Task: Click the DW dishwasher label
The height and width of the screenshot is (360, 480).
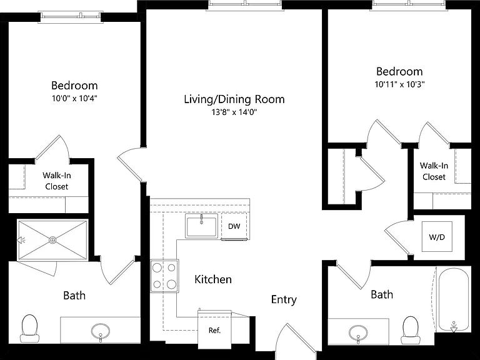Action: click(234, 226)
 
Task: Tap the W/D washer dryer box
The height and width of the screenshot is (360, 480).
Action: click(437, 236)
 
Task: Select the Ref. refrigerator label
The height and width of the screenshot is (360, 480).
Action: click(214, 330)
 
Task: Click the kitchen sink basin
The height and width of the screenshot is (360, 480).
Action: click(201, 226)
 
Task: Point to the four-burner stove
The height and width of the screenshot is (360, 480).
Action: click(164, 276)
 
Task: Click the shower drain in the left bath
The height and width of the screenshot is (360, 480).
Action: click(52, 240)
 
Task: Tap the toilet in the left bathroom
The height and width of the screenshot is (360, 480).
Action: click(30, 329)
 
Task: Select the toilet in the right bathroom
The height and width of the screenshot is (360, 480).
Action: click(410, 330)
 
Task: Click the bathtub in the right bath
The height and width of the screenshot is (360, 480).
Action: click(454, 299)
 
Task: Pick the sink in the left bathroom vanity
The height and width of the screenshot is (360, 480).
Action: click(101, 332)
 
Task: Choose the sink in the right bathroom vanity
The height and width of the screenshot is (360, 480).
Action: click(358, 332)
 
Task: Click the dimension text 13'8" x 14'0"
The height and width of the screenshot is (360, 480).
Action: click(234, 112)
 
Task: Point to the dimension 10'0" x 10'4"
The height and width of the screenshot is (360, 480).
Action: click(74, 99)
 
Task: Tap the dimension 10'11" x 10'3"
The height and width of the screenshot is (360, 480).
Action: click(399, 84)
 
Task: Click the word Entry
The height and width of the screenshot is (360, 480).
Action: click(284, 299)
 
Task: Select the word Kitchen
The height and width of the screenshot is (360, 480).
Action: click(213, 279)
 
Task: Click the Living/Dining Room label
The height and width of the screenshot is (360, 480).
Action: click(234, 99)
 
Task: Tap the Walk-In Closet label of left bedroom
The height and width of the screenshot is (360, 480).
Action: click(57, 181)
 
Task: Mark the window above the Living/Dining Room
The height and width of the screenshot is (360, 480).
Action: click(244, 4)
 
